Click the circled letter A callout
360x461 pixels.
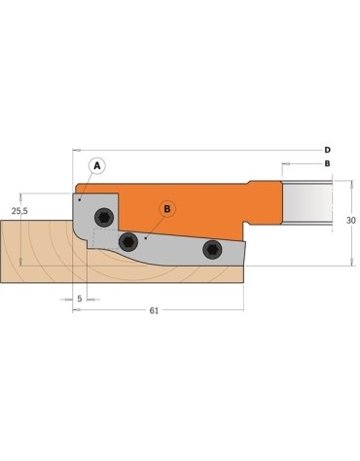(x=95, y=165)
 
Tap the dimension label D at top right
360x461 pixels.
(x=327, y=150)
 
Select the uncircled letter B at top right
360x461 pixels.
(x=327, y=163)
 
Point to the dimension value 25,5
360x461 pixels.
(x=19, y=209)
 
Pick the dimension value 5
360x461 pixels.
(x=79, y=299)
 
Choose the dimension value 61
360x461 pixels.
(x=155, y=310)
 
